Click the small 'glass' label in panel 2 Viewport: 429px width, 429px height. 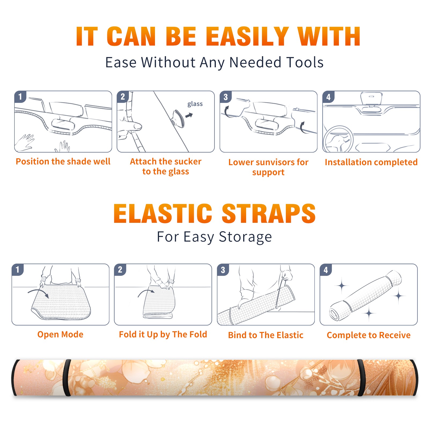pos(195,104)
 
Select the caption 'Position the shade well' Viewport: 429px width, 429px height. pos(63,161)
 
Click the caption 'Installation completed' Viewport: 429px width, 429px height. pos(371,162)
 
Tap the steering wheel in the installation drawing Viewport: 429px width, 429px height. pos(338,139)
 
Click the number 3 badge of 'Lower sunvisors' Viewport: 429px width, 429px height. pos(225,97)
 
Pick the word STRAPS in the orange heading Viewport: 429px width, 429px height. pos(269,213)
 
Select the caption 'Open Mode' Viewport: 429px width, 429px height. pos(60,334)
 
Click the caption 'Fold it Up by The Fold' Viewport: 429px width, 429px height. pos(163,334)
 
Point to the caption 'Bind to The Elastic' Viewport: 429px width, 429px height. pos(266,335)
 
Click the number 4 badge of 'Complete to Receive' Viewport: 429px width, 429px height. pos(326,270)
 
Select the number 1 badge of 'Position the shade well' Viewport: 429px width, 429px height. pos(20,97)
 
